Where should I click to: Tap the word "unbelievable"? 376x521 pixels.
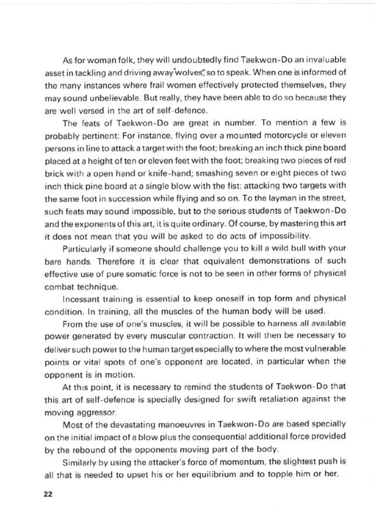(110, 98)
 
